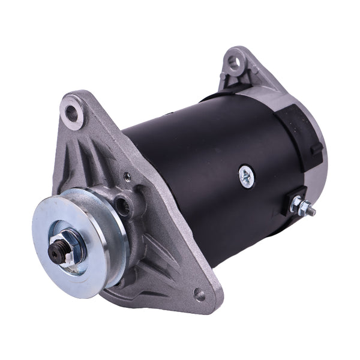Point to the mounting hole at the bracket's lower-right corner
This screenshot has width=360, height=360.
(199, 294)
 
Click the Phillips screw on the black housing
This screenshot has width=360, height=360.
(246, 175)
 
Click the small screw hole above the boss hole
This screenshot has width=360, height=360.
(127, 176)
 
